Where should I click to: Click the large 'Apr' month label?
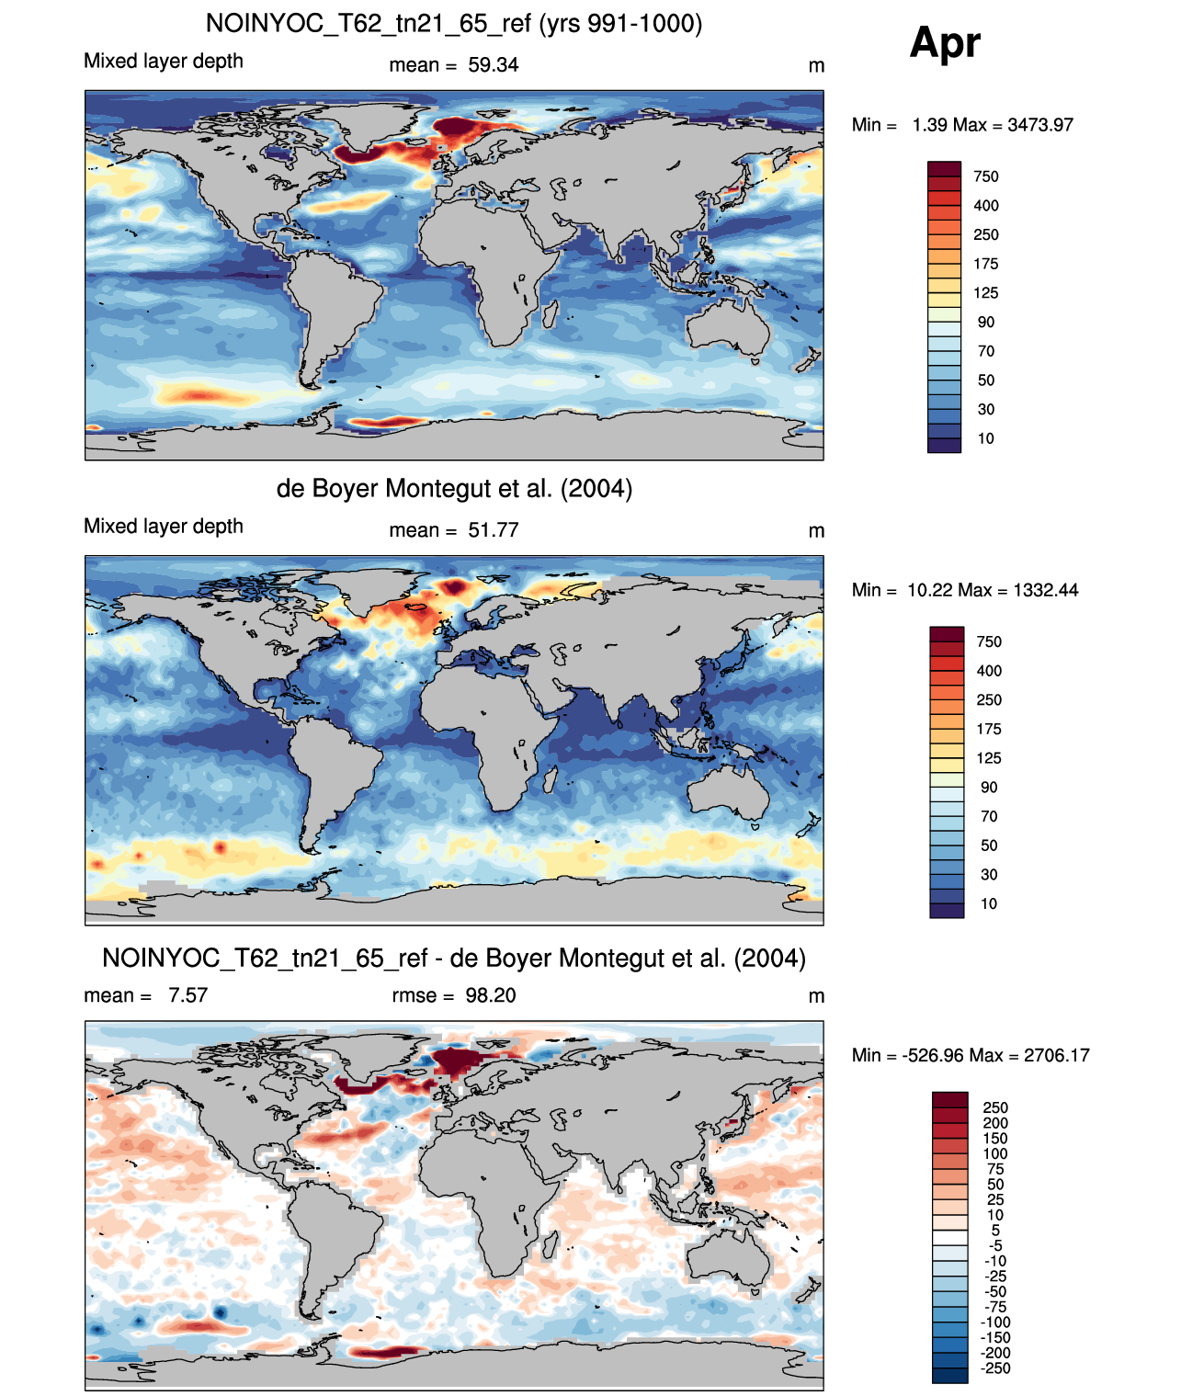pos(944,43)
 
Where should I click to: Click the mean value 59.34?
pos(493,65)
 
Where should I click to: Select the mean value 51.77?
pos(493,531)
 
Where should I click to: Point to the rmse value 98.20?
pos(490,996)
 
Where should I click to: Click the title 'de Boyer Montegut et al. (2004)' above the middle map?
pos(454,488)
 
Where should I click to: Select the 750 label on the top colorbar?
pos(985,177)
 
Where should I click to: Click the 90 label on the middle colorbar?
pos(989,788)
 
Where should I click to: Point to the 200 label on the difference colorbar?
pos(995,1123)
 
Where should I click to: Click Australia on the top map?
pos(728,327)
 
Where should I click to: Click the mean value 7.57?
pos(187,996)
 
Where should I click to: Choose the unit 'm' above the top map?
pos(816,66)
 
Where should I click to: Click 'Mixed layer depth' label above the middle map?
pos(164,527)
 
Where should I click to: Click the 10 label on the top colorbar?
pos(985,439)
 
